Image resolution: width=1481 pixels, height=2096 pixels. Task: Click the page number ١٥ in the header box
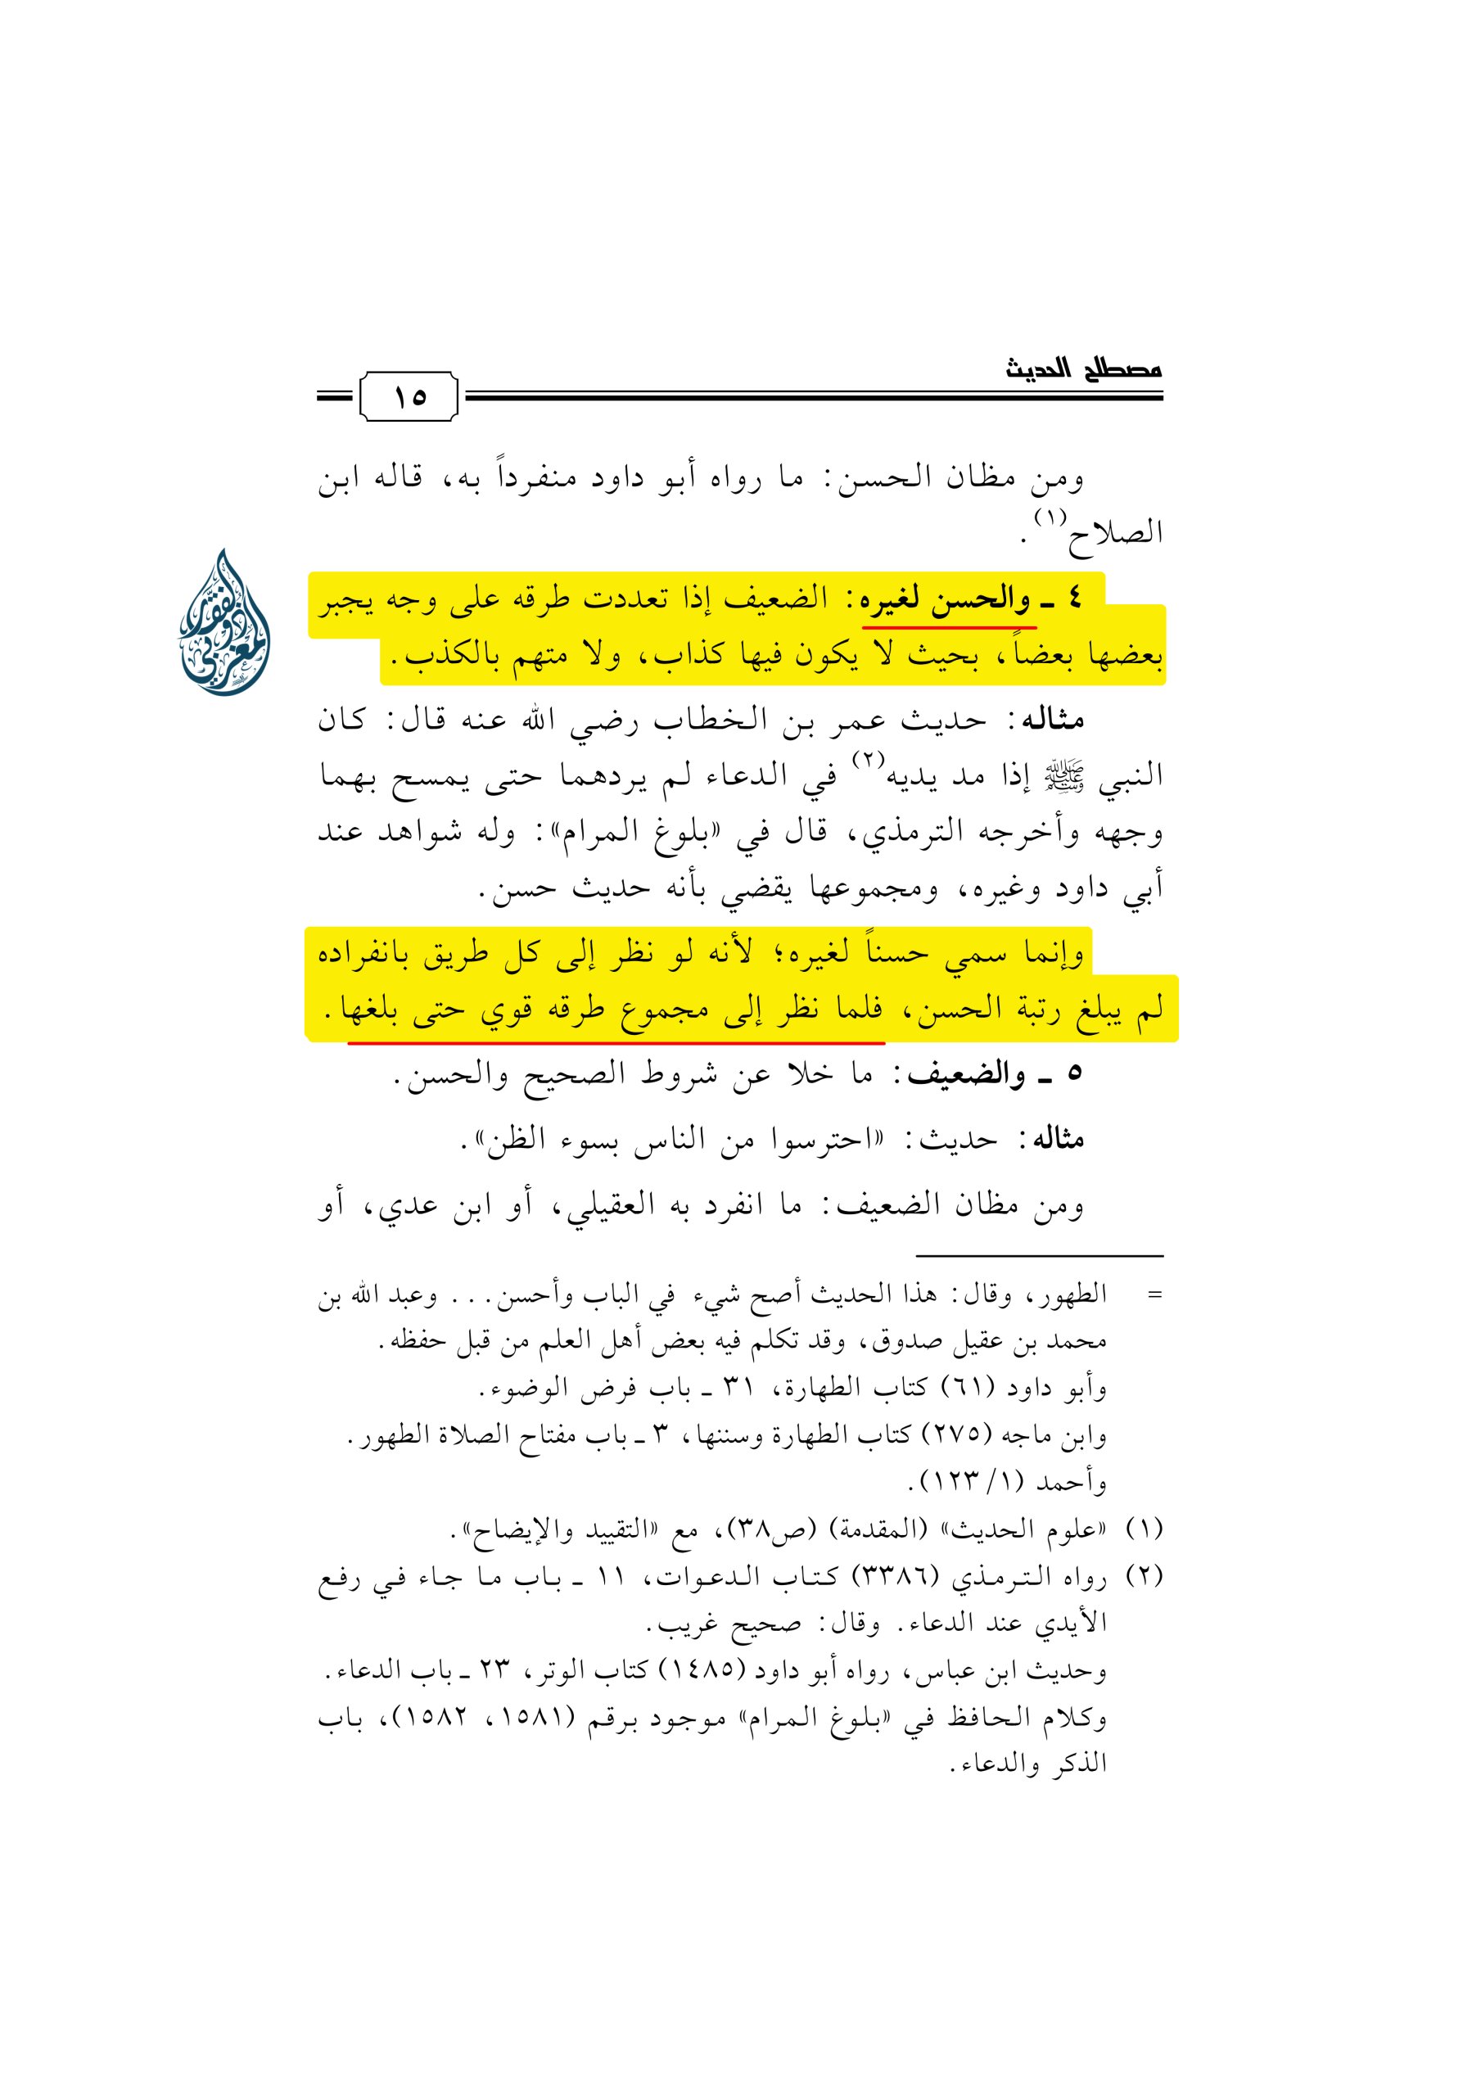click(410, 397)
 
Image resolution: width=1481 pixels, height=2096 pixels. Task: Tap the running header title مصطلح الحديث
click(1083, 370)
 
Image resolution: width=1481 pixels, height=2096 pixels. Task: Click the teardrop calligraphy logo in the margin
click(224, 622)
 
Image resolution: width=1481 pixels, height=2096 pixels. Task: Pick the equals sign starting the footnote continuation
click(1155, 1294)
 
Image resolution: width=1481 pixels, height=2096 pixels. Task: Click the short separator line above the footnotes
click(1039, 1256)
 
